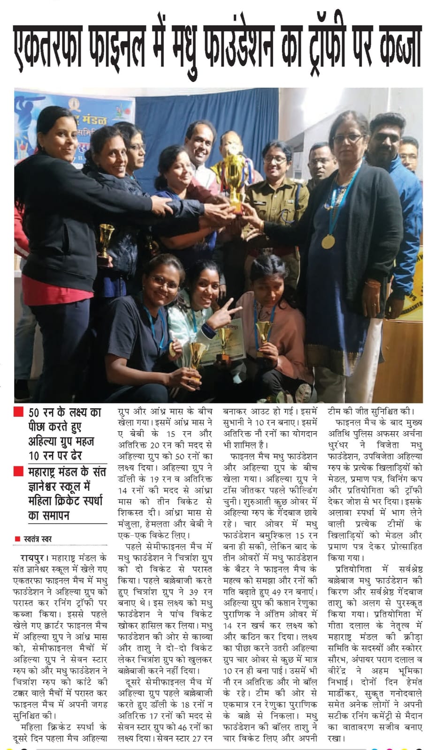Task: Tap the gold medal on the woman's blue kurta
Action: [x=328, y=241]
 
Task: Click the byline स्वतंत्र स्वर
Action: [x=38, y=539]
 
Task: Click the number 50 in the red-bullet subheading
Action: [x=34, y=413]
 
